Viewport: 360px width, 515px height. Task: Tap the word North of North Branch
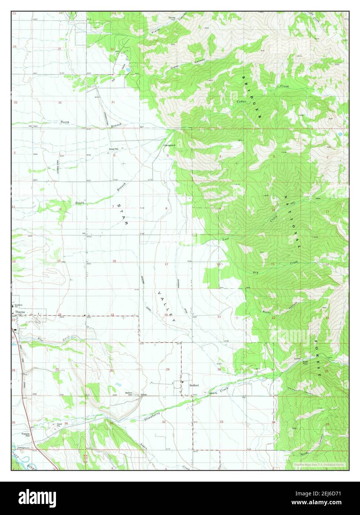pos(65,122)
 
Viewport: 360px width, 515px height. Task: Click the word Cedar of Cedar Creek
pos(241,101)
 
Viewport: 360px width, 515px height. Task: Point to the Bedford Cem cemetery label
pos(129,394)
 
